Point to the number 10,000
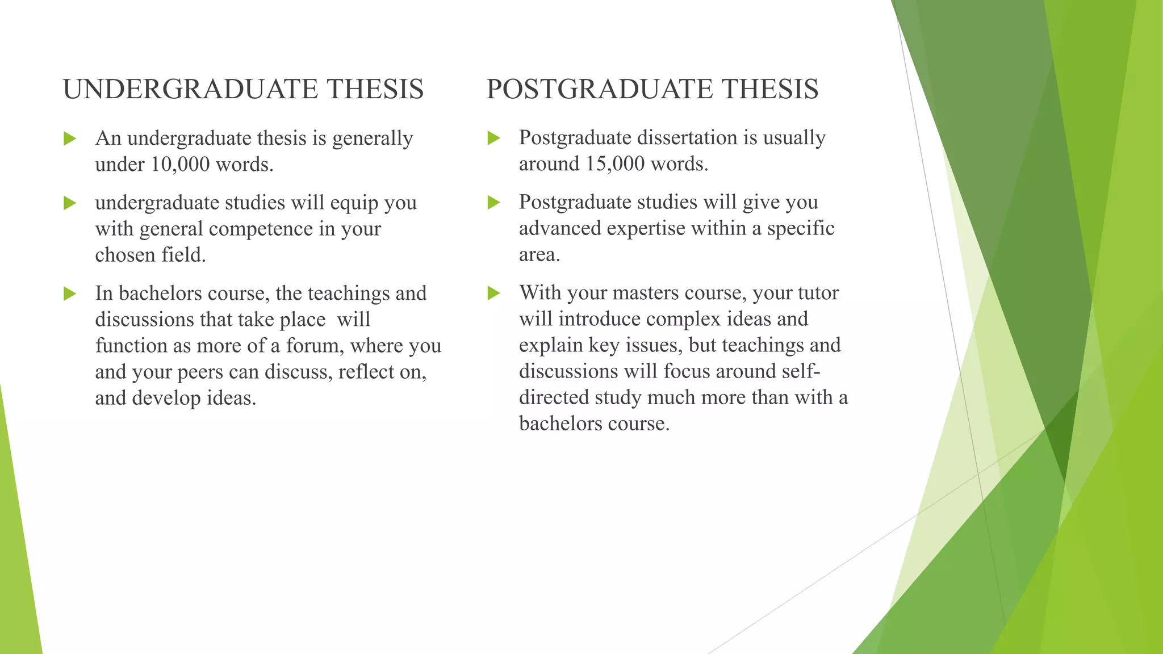181,165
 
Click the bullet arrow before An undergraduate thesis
70,139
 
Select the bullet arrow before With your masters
494,293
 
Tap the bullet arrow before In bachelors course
70,294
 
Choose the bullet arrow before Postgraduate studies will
494,202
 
